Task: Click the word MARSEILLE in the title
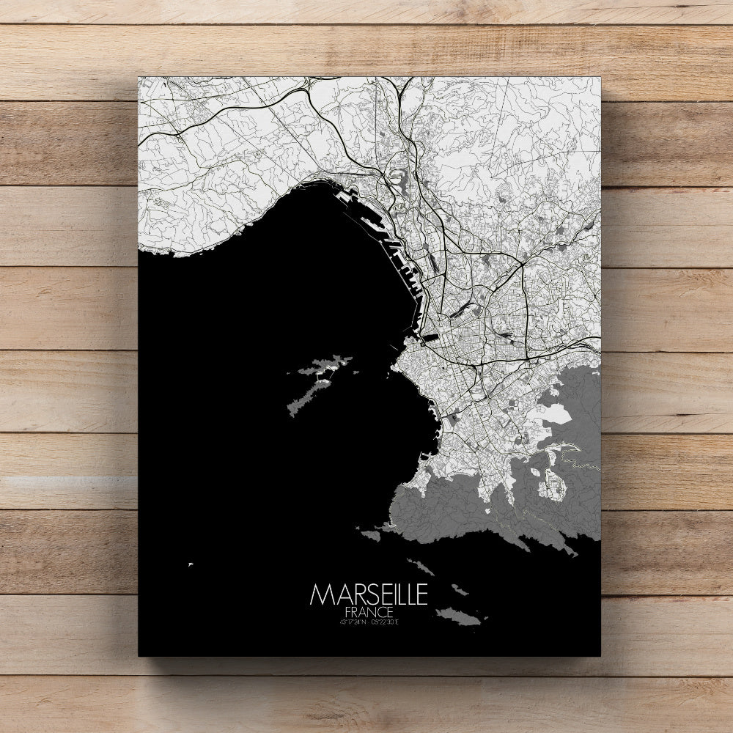pyautogui.click(x=369, y=594)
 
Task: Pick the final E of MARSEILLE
pyautogui.click(x=421, y=594)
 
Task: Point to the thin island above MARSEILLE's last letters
pyautogui.click(x=421, y=567)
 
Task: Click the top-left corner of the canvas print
pyautogui.click(x=139, y=76)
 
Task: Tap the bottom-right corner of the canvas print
pyautogui.click(x=600, y=656)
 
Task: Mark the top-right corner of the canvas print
pyautogui.click(x=600, y=76)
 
